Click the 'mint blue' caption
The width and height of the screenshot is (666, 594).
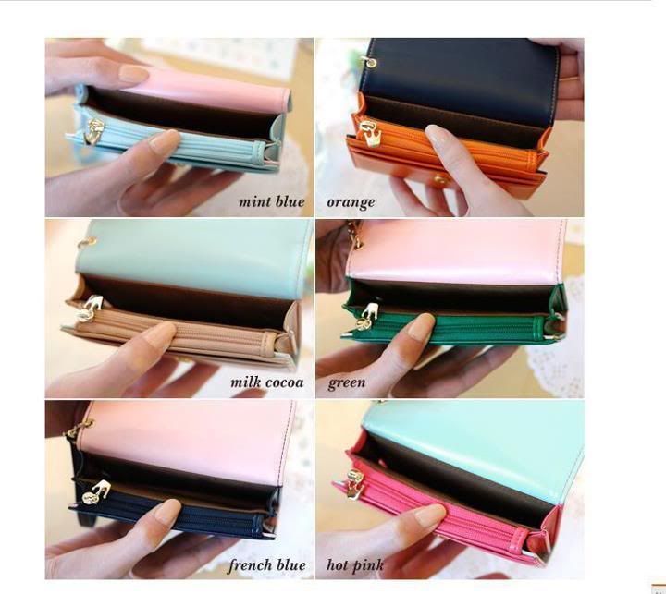(x=272, y=201)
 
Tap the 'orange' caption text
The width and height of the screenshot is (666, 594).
(x=351, y=202)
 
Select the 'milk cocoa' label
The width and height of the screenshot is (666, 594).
(x=267, y=382)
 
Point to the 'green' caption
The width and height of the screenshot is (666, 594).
(x=347, y=382)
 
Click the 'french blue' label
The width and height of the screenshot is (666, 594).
(x=266, y=565)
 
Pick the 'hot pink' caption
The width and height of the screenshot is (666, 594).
(x=355, y=565)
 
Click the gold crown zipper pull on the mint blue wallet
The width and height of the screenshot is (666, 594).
(x=95, y=131)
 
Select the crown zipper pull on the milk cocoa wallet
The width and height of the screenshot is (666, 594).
(x=91, y=309)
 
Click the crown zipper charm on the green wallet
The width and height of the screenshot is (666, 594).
(x=368, y=317)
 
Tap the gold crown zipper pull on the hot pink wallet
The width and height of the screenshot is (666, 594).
(x=356, y=484)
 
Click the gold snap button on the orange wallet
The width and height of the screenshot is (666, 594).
(x=440, y=181)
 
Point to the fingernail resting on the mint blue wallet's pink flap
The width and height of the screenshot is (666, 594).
(x=134, y=73)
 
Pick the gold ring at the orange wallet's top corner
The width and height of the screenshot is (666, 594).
(x=371, y=63)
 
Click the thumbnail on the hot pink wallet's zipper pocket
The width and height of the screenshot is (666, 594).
(x=429, y=515)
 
